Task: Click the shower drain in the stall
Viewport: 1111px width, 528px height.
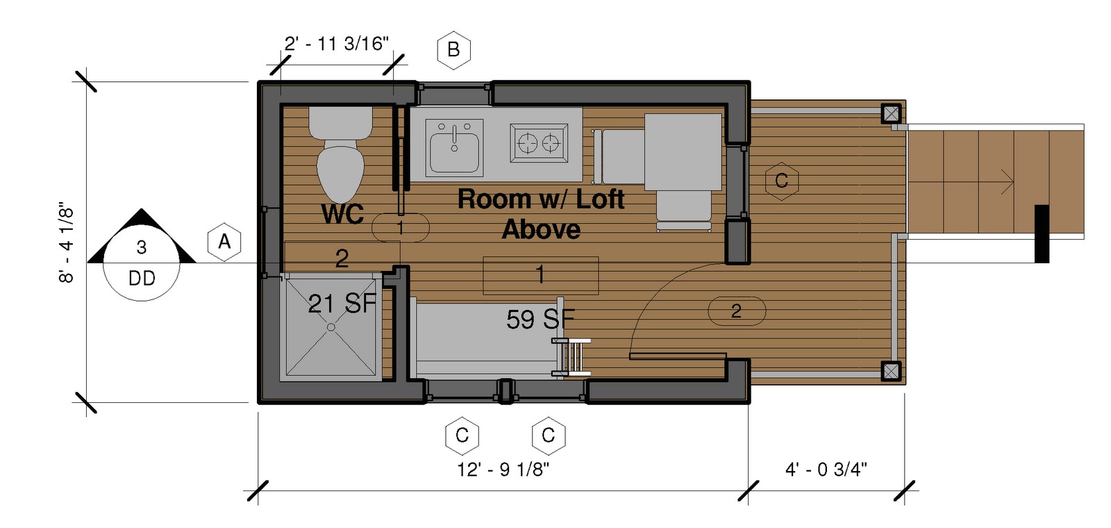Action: point(331,326)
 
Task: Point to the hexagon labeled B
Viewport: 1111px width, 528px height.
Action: point(453,50)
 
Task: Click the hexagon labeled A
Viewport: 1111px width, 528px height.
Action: point(224,242)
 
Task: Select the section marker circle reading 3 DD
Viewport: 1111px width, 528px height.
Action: point(142,263)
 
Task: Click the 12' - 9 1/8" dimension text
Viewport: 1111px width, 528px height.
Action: point(503,470)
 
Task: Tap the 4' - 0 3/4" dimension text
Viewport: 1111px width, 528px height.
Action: point(826,470)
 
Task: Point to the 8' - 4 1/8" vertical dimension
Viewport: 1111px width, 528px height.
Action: point(66,242)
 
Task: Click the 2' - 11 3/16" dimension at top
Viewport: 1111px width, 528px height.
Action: point(335,44)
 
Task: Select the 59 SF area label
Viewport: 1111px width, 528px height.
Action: point(540,320)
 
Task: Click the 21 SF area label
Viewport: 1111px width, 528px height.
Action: point(342,303)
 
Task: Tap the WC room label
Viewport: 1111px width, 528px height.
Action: point(342,215)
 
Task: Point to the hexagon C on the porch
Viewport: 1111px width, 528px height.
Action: point(781,181)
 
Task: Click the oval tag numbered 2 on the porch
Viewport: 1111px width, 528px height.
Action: point(736,311)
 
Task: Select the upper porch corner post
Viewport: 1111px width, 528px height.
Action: point(891,113)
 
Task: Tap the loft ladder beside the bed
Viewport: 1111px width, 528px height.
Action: point(571,357)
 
